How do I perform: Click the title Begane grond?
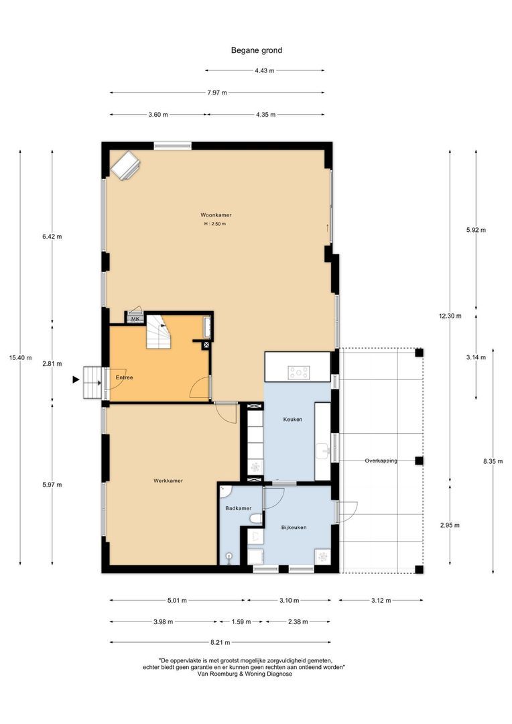click(256, 50)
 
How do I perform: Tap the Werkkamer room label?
click(168, 481)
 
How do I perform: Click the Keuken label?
click(293, 420)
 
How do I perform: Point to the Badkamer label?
click(238, 508)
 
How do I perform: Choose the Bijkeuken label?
click(294, 528)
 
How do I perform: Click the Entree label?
click(124, 378)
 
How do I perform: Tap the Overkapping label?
click(381, 461)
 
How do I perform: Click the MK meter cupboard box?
click(135, 319)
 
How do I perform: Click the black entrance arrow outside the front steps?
click(75, 380)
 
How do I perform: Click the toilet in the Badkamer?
click(255, 518)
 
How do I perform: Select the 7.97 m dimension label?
click(216, 93)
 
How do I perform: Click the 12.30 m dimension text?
click(450, 316)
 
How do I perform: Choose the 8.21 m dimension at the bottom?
click(217, 642)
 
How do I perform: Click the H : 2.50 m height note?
click(215, 224)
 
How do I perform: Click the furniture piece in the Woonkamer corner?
click(125, 165)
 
